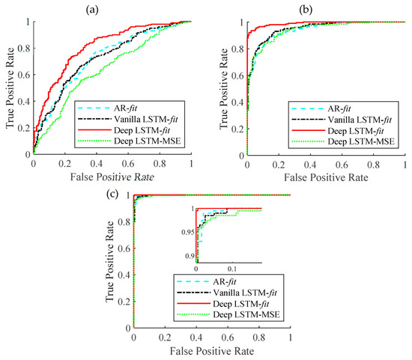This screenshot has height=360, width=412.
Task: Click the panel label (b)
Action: coord(325,9)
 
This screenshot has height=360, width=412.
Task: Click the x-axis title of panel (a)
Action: coord(112,177)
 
